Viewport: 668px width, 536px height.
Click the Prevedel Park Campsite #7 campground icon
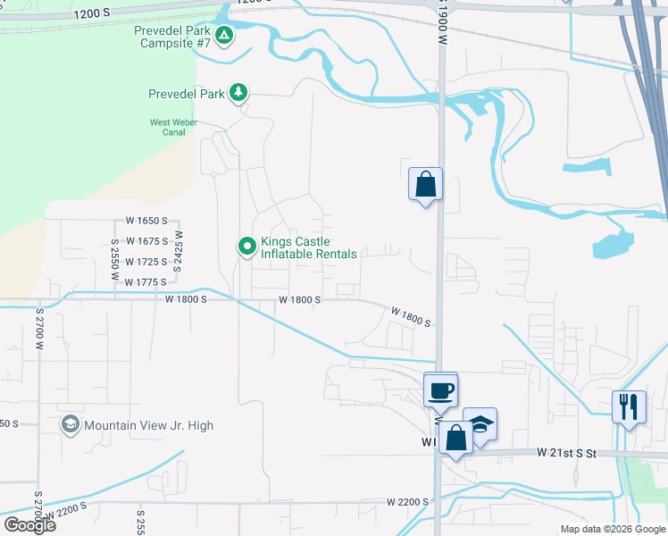pos(224,37)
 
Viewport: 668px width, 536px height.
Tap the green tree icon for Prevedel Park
pos(238,92)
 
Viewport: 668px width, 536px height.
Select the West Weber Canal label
pos(167,127)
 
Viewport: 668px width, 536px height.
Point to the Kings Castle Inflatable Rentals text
pos(308,247)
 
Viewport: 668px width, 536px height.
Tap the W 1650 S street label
pos(140,221)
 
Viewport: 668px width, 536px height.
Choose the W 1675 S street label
pos(140,241)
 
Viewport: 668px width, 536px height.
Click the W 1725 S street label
pos(140,262)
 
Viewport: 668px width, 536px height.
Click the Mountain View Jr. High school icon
pos(70,424)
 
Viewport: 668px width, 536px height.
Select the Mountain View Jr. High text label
pos(148,425)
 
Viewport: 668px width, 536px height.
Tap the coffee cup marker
pos(440,390)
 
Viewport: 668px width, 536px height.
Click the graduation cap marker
pos(480,425)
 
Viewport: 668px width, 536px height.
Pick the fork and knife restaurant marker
pos(630,406)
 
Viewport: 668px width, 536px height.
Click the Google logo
pos(29,524)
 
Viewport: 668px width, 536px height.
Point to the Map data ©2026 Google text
pos(612,529)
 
